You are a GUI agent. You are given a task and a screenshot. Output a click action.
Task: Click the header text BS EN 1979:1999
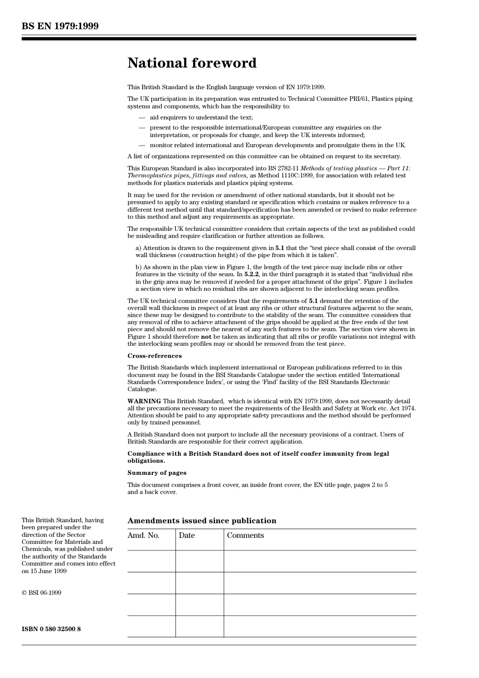(x=60, y=26)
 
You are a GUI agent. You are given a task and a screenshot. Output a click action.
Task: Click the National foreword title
(x=192, y=63)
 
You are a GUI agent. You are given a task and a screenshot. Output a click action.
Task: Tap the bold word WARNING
(x=144, y=401)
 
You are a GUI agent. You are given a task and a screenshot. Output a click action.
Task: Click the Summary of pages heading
(x=157, y=473)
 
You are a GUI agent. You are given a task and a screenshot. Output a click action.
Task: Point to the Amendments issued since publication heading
(x=202, y=521)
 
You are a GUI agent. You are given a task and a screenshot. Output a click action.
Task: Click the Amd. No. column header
(x=143, y=535)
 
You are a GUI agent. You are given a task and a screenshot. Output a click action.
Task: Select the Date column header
(x=187, y=535)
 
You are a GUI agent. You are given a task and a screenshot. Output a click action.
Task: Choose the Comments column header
(x=245, y=535)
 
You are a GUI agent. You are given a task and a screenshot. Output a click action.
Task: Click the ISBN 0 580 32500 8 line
(x=51, y=629)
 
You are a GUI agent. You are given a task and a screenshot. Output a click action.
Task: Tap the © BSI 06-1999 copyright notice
(x=41, y=593)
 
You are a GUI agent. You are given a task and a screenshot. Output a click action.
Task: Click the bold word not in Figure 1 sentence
(x=206, y=337)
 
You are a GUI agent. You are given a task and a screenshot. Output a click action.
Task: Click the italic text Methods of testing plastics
(x=338, y=168)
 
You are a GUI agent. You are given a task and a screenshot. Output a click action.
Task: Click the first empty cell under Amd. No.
(x=151, y=561)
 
